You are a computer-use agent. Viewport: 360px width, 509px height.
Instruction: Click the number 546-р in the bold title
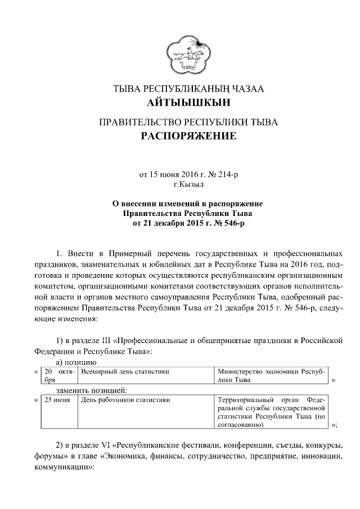[232, 223]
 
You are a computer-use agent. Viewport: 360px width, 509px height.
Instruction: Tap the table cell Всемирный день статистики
[125, 372]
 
